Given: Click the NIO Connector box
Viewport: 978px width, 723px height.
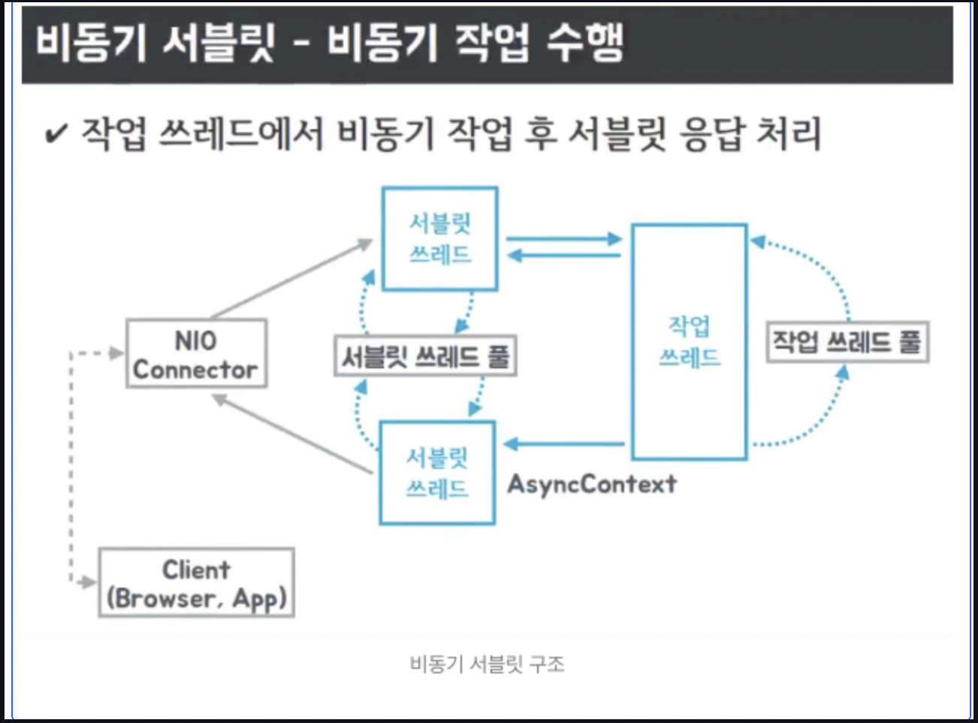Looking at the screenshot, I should pyautogui.click(x=196, y=353).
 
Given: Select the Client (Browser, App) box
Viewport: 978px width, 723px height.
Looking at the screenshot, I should pyautogui.click(x=196, y=583).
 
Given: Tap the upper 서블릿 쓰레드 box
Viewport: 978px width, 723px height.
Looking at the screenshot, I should pyautogui.click(x=439, y=238).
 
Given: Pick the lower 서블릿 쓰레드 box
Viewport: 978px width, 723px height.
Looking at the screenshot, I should pyautogui.click(x=436, y=473).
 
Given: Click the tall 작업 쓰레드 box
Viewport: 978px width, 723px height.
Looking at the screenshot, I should pyautogui.click(x=689, y=341).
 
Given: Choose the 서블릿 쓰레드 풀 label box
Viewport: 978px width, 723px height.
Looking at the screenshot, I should pyautogui.click(x=425, y=355).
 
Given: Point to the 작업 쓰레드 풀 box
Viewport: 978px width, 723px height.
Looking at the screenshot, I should pyautogui.click(x=847, y=343).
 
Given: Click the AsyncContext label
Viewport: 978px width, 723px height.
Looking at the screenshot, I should pyautogui.click(x=592, y=484).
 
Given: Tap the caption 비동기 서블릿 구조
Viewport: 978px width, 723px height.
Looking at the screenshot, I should pyautogui.click(x=487, y=664).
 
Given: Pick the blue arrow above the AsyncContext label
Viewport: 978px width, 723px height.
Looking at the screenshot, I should pyautogui.click(x=563, y=444).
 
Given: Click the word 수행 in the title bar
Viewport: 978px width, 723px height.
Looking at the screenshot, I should pyautogui.click(x=584, y=42).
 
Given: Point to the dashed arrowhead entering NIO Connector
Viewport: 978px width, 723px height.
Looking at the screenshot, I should pyautogui.click(x=115, y=353).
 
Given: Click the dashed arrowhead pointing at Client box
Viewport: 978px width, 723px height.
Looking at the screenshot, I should pyautogui.click(x=89, y=582).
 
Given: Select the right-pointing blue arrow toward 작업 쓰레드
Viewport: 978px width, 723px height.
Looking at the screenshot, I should pyautogui.click(x=563, y=239).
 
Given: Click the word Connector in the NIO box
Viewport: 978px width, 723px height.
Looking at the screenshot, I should pyautogui.click(x=195, y=370).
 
